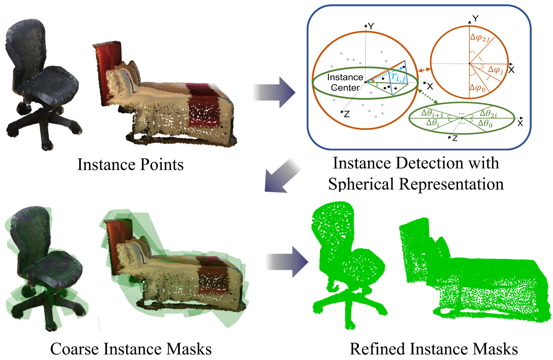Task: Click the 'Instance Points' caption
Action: click(130, 165)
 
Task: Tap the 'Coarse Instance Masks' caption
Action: click(131, 349)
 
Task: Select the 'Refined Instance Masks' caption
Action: click(434, 349)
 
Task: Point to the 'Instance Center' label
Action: click(345, 82)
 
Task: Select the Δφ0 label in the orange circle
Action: click(477, 88)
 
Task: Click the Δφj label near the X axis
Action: click(496, 70)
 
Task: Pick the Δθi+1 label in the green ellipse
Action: click(432, 113)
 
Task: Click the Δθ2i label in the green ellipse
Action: click(488, 113)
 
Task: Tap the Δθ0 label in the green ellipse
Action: click(485, 123)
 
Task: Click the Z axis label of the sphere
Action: click(347, 114)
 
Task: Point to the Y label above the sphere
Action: click(371, 27)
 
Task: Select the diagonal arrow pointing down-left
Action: click(281, 176)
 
